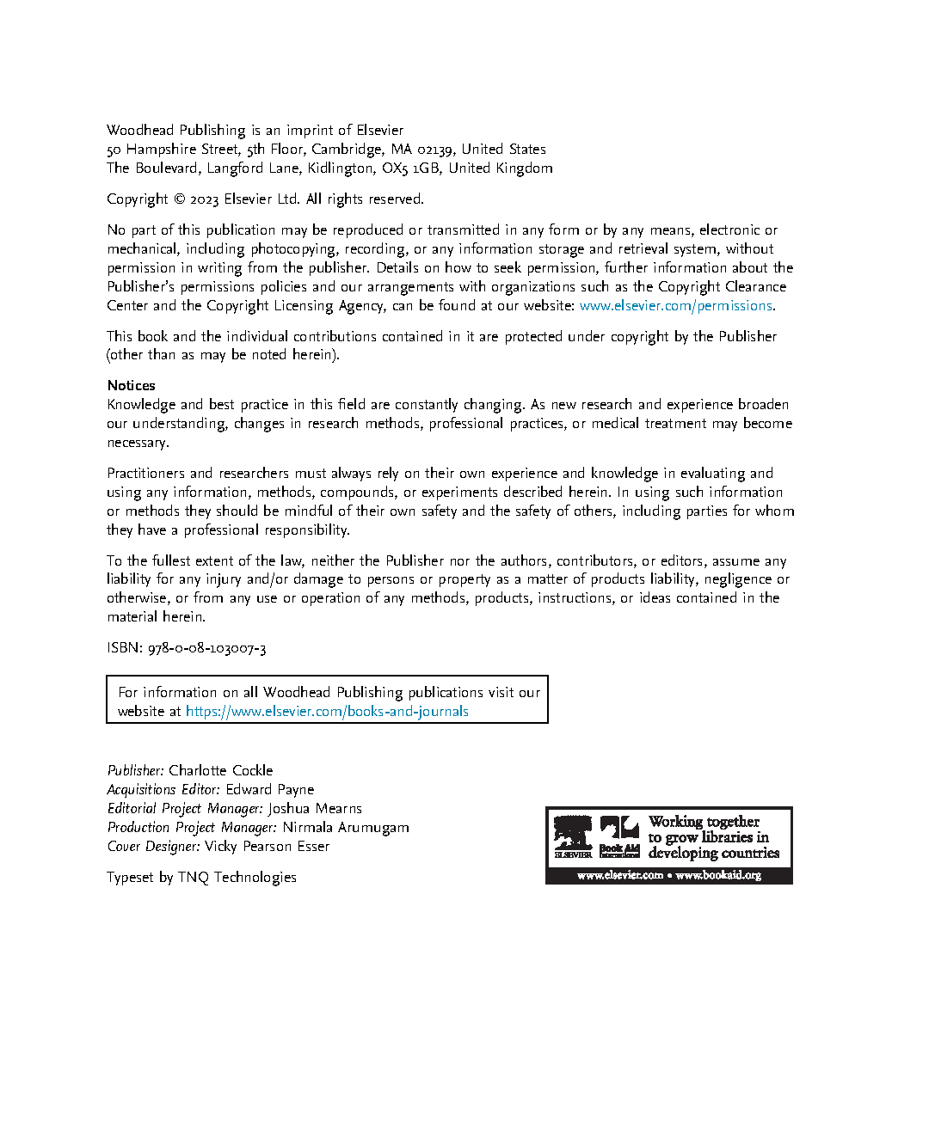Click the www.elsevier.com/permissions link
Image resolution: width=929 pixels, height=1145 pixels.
pos(675,306)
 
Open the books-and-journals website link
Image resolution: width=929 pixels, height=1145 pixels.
pos(327,712)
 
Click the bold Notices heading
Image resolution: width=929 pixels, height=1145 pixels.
pos(132,386)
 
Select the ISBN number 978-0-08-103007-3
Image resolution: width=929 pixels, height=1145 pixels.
pos(206,648)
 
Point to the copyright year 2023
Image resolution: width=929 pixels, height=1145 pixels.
pos(204,199)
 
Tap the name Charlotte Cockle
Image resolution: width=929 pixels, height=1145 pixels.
pos(220,771)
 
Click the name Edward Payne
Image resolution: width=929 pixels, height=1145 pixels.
pos(269,790)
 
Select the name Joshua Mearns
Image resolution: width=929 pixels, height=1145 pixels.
pos(314,809)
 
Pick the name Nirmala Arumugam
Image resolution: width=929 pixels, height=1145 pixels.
pos(346,828)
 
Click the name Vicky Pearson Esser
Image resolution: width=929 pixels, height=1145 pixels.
pos(267,847)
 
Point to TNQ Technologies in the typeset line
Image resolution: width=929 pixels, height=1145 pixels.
pos(237,878)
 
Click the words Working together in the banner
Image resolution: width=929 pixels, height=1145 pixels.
pos(704,822)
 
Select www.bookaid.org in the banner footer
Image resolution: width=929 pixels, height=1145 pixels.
pos(718,876)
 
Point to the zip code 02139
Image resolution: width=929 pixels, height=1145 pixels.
pos(436,150)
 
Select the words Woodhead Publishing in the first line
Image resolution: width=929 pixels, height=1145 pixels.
pos(176,131)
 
